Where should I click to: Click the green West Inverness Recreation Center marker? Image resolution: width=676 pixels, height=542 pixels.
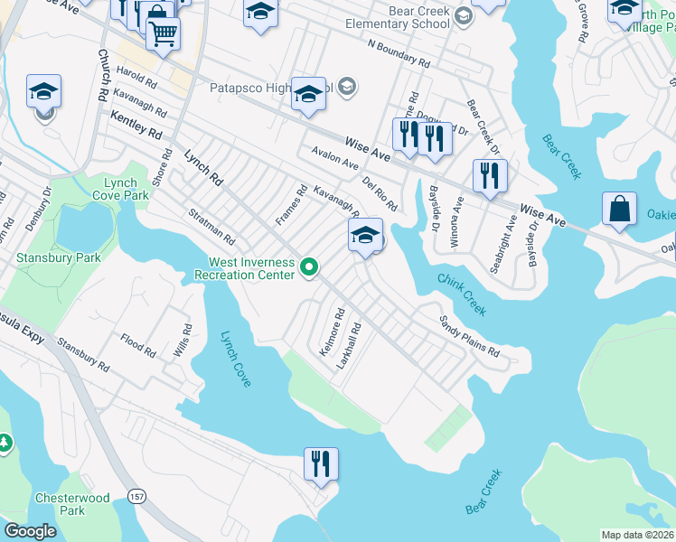pos(309,266)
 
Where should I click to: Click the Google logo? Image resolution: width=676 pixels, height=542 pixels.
pos(30,531)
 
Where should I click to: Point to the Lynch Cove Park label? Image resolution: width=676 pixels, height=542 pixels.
pos(120,189)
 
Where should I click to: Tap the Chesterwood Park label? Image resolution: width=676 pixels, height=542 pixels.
pos(72,504)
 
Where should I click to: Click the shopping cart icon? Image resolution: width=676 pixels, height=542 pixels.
pos(163,34)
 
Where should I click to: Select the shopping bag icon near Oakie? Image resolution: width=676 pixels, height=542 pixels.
pos(620,209)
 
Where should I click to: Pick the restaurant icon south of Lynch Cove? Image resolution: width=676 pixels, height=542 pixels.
pos(321,464)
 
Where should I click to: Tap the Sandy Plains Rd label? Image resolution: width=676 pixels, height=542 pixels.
pos(469,335)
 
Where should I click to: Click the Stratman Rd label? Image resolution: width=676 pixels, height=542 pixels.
pos(211,227)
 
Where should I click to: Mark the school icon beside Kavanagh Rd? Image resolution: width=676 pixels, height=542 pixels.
pos(365,237)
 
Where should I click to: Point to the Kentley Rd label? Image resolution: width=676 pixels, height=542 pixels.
pos(136,124)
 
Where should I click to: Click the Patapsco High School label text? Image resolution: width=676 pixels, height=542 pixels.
pos(271,88)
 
